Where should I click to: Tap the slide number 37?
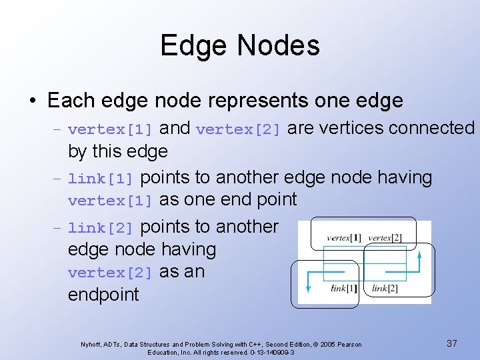pyautogui.click(x=452, y=343)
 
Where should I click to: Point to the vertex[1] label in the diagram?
pyautogui.click(x=344, y=238)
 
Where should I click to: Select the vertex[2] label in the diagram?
pyautogui.click(x=385, y=238)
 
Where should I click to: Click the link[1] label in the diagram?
pyautogui.click(x=345, y=289)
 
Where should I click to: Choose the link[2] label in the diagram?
pyautogui.click(x=385, y=289)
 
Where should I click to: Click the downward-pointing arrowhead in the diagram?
pyautogui.click(x=308, y=287)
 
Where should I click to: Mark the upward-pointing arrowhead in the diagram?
pyautogui.click(x=419, y=254)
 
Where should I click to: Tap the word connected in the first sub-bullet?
pyautogui.click(x=433, y=127)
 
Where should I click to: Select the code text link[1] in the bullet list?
pyautogui.click(x=101, y=179)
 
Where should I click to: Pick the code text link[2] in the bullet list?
pyautogui.click(x=101, y=228)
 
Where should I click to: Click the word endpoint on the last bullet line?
pyautogui.click(x=103, y=295)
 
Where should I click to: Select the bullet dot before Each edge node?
pyautogui.click(x=32, y=101)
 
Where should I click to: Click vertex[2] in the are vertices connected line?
pyautogui.click(x=239, y=129)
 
